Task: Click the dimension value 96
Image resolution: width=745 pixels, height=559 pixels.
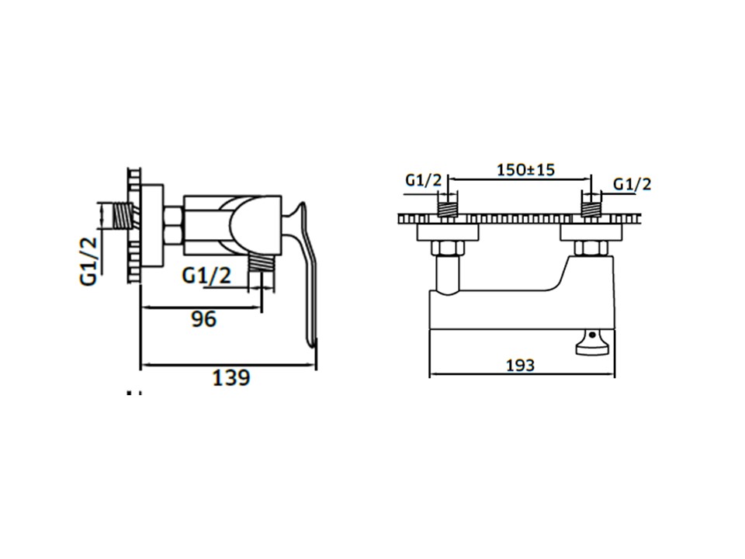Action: [x=204, y=319]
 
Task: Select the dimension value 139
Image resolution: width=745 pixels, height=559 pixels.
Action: [x=231, y=378]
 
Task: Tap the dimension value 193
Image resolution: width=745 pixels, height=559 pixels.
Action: [x=519, y=364]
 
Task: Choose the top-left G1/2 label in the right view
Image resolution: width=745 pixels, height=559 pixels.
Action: [x=424, y=180]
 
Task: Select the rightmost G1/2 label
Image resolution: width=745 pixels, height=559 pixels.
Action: [x=632, y=184]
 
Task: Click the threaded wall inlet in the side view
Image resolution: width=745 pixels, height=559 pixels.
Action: [x=120, y=215]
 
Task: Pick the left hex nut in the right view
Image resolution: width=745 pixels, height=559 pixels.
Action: [x=448, y=248]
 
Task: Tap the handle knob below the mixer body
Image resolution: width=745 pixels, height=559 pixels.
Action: [x=593, y=344]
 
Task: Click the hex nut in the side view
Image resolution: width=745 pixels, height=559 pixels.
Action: [x=173, y=226]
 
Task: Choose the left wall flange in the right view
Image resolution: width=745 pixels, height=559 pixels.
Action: [x=448, y=231]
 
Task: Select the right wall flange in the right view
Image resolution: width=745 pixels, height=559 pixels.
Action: [x=593, y=231]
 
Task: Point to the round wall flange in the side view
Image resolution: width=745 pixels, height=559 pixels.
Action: [x=153, y=225]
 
